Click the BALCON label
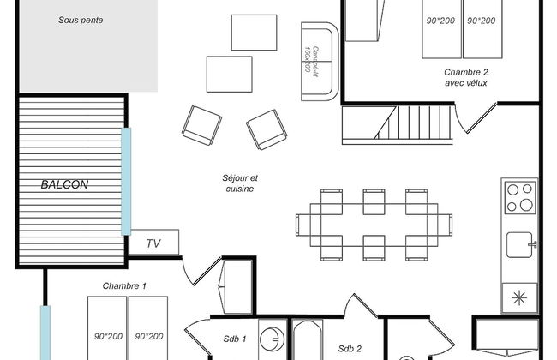point(65,184)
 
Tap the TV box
point(154,243)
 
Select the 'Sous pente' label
point(81,20)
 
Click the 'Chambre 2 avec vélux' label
point(466,77)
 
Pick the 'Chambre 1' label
point(125,285)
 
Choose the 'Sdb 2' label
point(350,348)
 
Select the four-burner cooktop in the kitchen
point(519,198)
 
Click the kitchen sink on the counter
point(519,245)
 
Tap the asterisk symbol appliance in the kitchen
point(519,297)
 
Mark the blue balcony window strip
point(126,181)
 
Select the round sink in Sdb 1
point(271,339)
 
